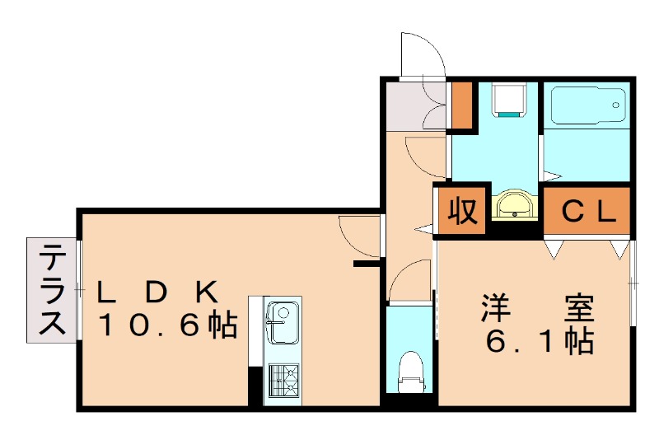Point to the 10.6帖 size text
point(168,325)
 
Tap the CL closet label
point(587,213)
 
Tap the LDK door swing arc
point(358,235)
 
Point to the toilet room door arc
point(409,281)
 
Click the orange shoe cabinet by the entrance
point(462,105)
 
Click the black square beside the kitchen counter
point(255,383)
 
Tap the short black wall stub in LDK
point(365,264)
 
